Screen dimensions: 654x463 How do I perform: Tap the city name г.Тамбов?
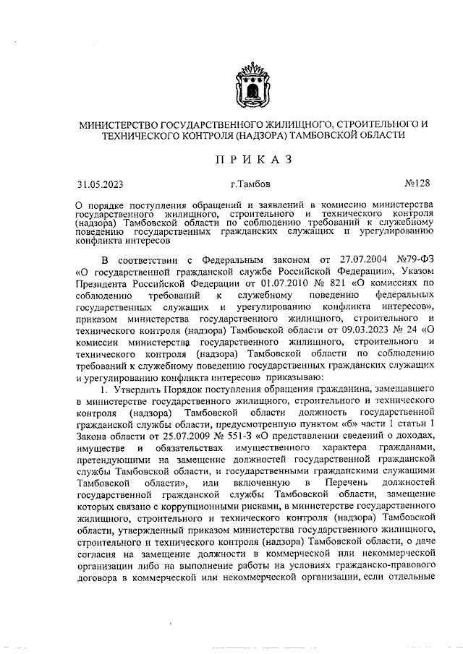click(x=252, y=184)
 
